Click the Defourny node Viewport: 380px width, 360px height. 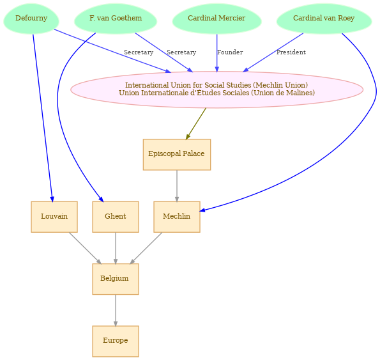coord(31,19)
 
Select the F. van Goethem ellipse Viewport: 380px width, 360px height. coord(116,19)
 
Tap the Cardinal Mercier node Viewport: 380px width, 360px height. coord(217,19)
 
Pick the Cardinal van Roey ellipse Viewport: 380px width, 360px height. coord(324,19)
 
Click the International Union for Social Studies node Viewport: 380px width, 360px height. coord(217,90)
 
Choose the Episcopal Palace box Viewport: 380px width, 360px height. coord(177,155)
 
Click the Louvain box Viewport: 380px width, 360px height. coord(54,217)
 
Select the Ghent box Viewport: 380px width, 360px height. coord(116,217)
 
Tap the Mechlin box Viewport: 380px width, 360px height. coord(177,217)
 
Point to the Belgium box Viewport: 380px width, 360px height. coord(116,279)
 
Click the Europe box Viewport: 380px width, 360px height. coord(116,341)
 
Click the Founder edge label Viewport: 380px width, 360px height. coord(230,52)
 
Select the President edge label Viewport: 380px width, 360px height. coord(291,52)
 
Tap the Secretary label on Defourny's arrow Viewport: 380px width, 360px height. coord(139,52)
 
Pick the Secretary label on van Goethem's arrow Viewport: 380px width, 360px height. coord(181,52)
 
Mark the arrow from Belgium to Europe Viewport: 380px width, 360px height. coord(116,310)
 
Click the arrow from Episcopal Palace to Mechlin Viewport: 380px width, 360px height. coord(177,186)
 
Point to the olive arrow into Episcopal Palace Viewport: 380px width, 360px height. coord(196,123)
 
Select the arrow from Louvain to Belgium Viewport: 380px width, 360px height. coord(85,248)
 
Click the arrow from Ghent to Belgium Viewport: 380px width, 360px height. coord(116,248)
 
